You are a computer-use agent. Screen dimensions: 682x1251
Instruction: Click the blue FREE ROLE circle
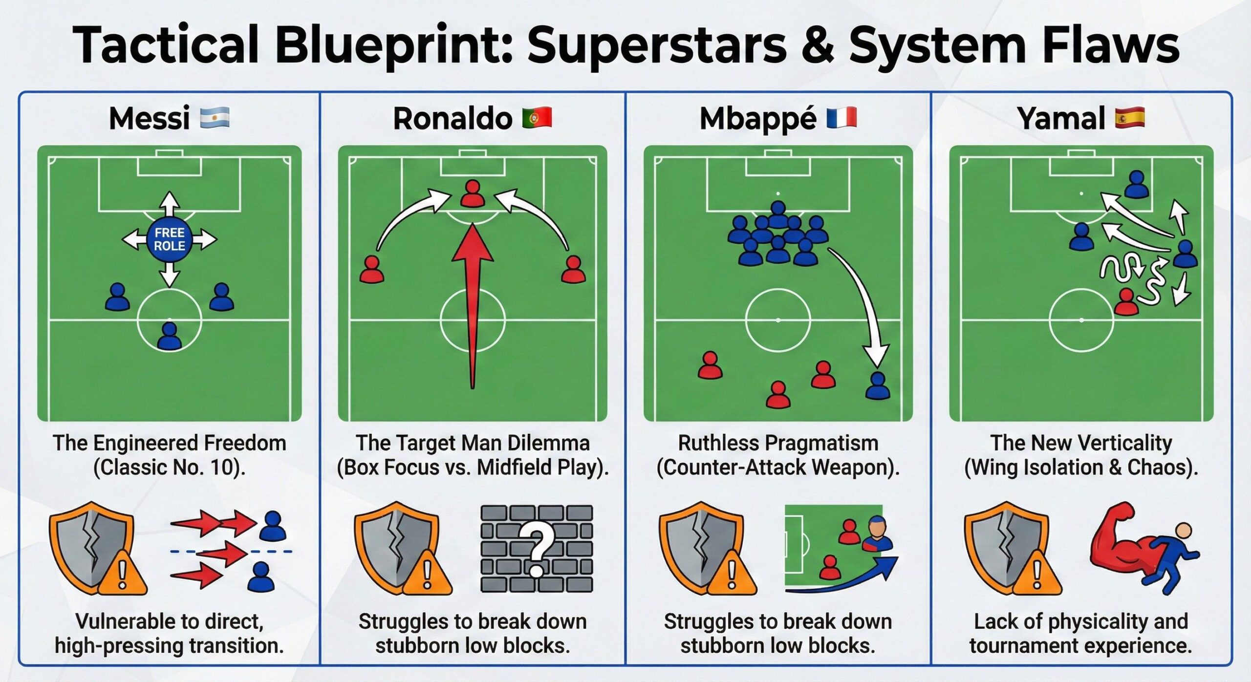[169, 239]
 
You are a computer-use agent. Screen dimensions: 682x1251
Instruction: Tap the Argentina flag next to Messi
[215, 118]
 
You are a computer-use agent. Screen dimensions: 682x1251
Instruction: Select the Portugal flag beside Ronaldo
[537, 118]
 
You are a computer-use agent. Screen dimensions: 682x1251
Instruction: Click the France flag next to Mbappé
[841, 118]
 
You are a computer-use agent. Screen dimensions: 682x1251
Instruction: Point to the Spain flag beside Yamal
[1130, 118]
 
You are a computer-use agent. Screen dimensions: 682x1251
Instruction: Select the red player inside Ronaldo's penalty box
[472, 193]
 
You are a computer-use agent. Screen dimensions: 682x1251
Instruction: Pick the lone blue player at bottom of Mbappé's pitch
[878, 386]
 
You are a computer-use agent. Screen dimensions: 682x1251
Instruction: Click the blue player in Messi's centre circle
[170, 336]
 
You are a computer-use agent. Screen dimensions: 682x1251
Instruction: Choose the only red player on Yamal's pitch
[1126, 302]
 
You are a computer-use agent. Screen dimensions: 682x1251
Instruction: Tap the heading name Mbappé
[757, 119]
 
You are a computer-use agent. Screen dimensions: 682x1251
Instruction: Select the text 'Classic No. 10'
[169, 468]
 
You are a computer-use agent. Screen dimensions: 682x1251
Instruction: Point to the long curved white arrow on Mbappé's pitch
[865, 303]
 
